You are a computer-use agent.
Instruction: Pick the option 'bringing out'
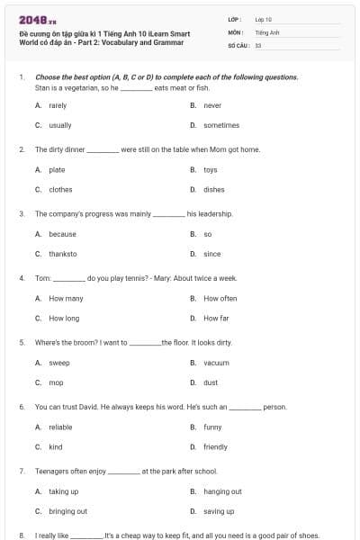point(67,511)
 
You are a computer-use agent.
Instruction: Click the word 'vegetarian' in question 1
point(85,88)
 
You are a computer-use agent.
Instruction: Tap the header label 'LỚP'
point(234,19)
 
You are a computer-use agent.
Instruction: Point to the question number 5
point(21,343)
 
